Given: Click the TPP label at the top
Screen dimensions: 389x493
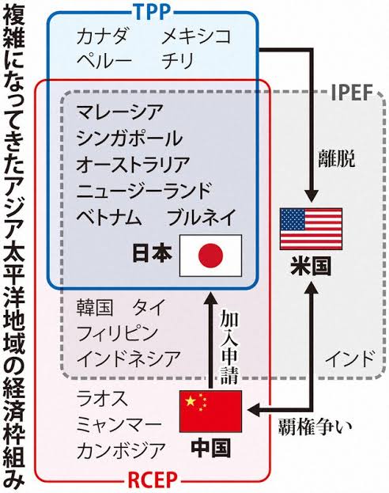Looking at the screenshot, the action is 153,11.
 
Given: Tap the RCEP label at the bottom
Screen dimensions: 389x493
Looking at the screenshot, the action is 153,480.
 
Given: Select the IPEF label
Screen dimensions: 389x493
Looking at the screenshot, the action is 353,93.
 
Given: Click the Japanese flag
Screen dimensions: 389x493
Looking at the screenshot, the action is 210,256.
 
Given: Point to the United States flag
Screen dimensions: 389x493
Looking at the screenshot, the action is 311,229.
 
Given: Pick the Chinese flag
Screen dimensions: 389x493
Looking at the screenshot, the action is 210,411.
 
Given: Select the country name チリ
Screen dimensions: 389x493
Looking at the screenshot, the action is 178,60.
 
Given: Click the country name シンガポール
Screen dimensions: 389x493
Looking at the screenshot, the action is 130,138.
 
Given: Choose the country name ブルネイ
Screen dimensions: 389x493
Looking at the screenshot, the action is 202,217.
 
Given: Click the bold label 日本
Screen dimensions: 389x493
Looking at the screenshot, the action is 153,253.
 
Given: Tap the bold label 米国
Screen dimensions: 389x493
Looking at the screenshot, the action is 311,266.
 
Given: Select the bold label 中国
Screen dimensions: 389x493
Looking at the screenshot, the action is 211,448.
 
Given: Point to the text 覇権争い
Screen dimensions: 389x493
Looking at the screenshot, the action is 315,427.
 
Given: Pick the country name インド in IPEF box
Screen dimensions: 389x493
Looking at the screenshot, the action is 349,358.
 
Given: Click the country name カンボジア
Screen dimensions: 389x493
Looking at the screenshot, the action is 121,450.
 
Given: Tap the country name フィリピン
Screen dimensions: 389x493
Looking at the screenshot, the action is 118,333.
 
